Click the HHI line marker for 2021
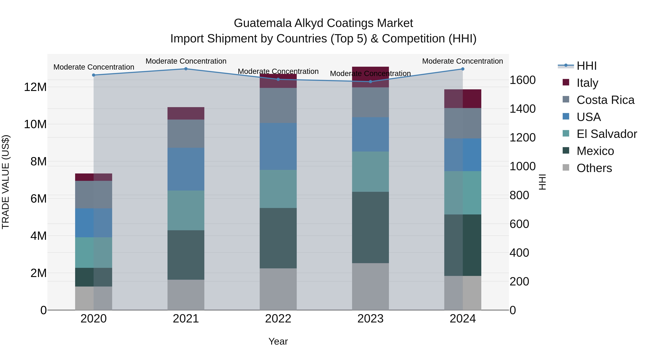pos(186,69)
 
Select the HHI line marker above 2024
pos(463,69)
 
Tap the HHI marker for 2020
pos(94,75)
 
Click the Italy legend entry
pos(587,83)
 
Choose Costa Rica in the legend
pos(605,100)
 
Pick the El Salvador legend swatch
pos(566,133)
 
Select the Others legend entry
pos(594,168)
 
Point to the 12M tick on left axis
pos(35,87)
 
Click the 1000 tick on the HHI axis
pos(522,166)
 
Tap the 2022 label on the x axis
pos(278,319)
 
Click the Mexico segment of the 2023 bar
pos(370,227)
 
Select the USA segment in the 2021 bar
pos(186,169)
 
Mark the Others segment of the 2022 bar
pos(278,289)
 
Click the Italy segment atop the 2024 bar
pos(463,99)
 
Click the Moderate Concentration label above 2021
pos(186,61)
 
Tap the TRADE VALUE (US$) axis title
pos(6,182)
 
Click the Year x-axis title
pos(278,341)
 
